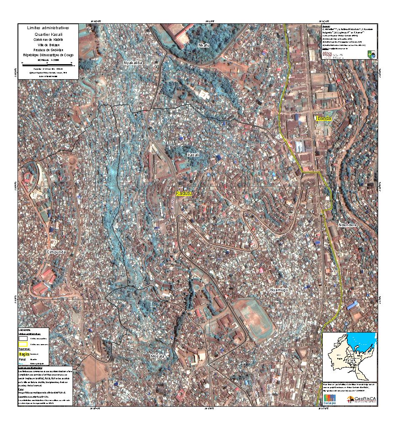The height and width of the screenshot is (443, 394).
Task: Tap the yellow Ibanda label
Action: (324, 118)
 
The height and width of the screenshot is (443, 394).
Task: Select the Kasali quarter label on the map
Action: (193, 155)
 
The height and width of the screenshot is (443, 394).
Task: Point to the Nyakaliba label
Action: (133, 63)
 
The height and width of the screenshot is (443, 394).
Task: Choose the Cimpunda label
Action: (56, 252)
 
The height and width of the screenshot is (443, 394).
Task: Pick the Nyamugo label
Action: (279, 290)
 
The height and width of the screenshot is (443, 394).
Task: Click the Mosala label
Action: (158, 356)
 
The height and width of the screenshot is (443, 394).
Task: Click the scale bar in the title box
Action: (48, 65)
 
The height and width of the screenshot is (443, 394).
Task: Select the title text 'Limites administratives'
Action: (48, 28)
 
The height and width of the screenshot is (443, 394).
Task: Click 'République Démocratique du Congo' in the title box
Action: (48, 55)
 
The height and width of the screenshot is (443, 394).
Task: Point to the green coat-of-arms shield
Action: (371, 54)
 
